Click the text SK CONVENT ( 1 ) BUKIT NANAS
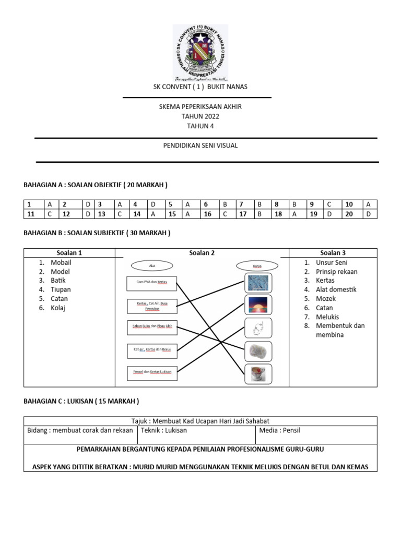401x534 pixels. (200, 87)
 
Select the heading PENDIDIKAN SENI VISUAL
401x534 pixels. (200, 145)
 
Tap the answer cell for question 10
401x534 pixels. (369, 204)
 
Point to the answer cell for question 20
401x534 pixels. (369, 214)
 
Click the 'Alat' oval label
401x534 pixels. (152, 265)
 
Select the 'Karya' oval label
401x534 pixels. (256, 265)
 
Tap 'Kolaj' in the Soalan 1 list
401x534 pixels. (59, 308)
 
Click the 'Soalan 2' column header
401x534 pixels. (201, 253)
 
